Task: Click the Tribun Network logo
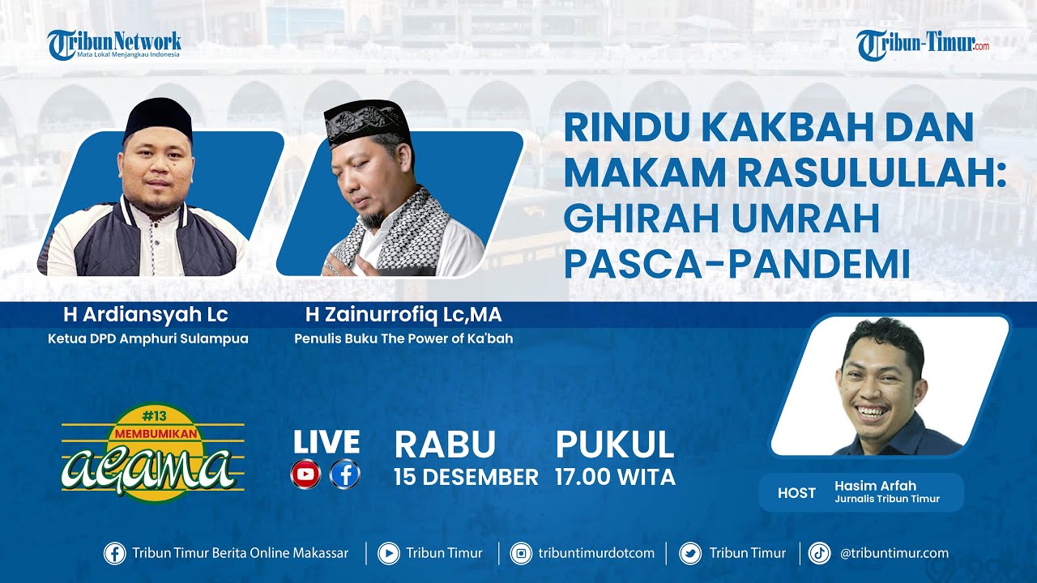[x=113, y=45]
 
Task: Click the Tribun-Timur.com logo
[x=923, y=45]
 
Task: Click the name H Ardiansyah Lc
[x=146, y=315]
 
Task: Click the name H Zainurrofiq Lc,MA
[x=403, y=315]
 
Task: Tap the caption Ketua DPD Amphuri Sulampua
[x=147, y=338]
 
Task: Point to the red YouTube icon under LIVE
[x=306, y=474]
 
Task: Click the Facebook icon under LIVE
[x=345, y=474]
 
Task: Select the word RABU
[x=445, y=445]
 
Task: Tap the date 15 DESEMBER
[x=466, y=478]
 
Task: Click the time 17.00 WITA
[x=615, y=478]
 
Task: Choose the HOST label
[x=796, y=493]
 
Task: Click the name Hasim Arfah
[x=875, y=486]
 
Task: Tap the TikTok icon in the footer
[x=819, y=553]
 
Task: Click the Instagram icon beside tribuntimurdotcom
[x=521, y=553]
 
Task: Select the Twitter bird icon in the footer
[x=690, y=553]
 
